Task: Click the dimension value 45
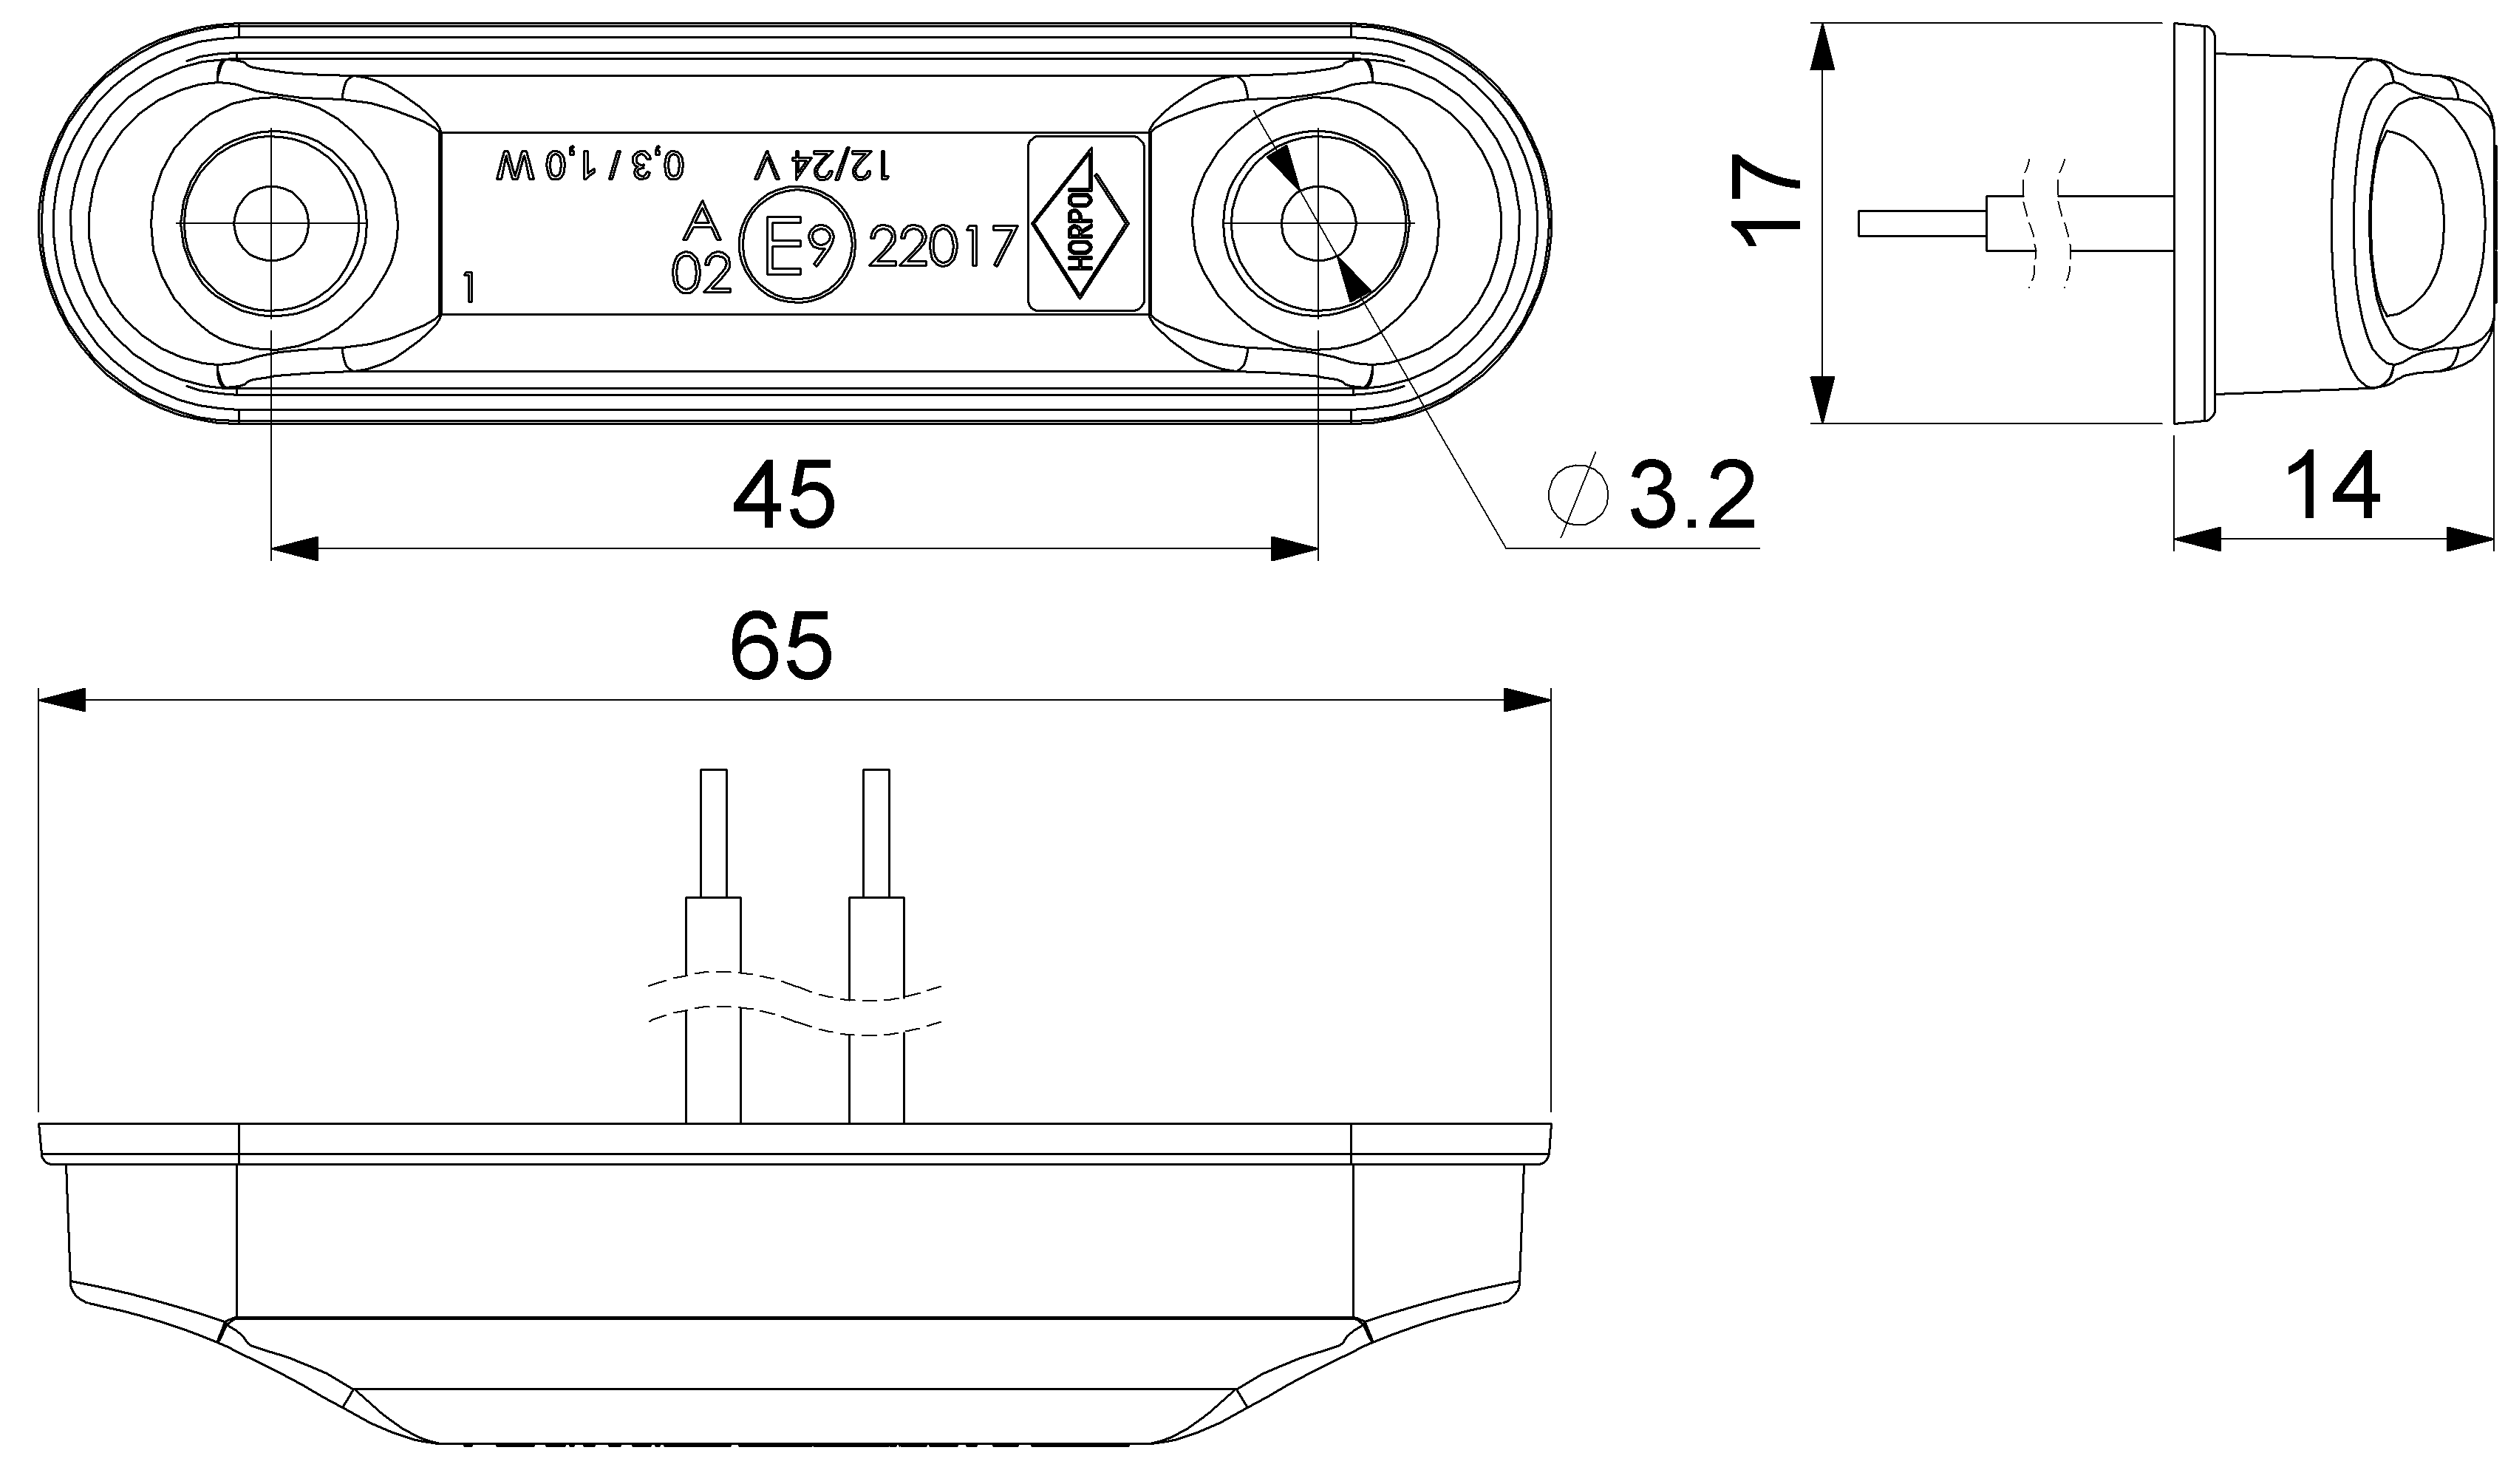783,496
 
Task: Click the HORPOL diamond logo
1083,224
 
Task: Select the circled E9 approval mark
797,248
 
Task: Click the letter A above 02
702,221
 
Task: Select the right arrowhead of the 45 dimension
1295,548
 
